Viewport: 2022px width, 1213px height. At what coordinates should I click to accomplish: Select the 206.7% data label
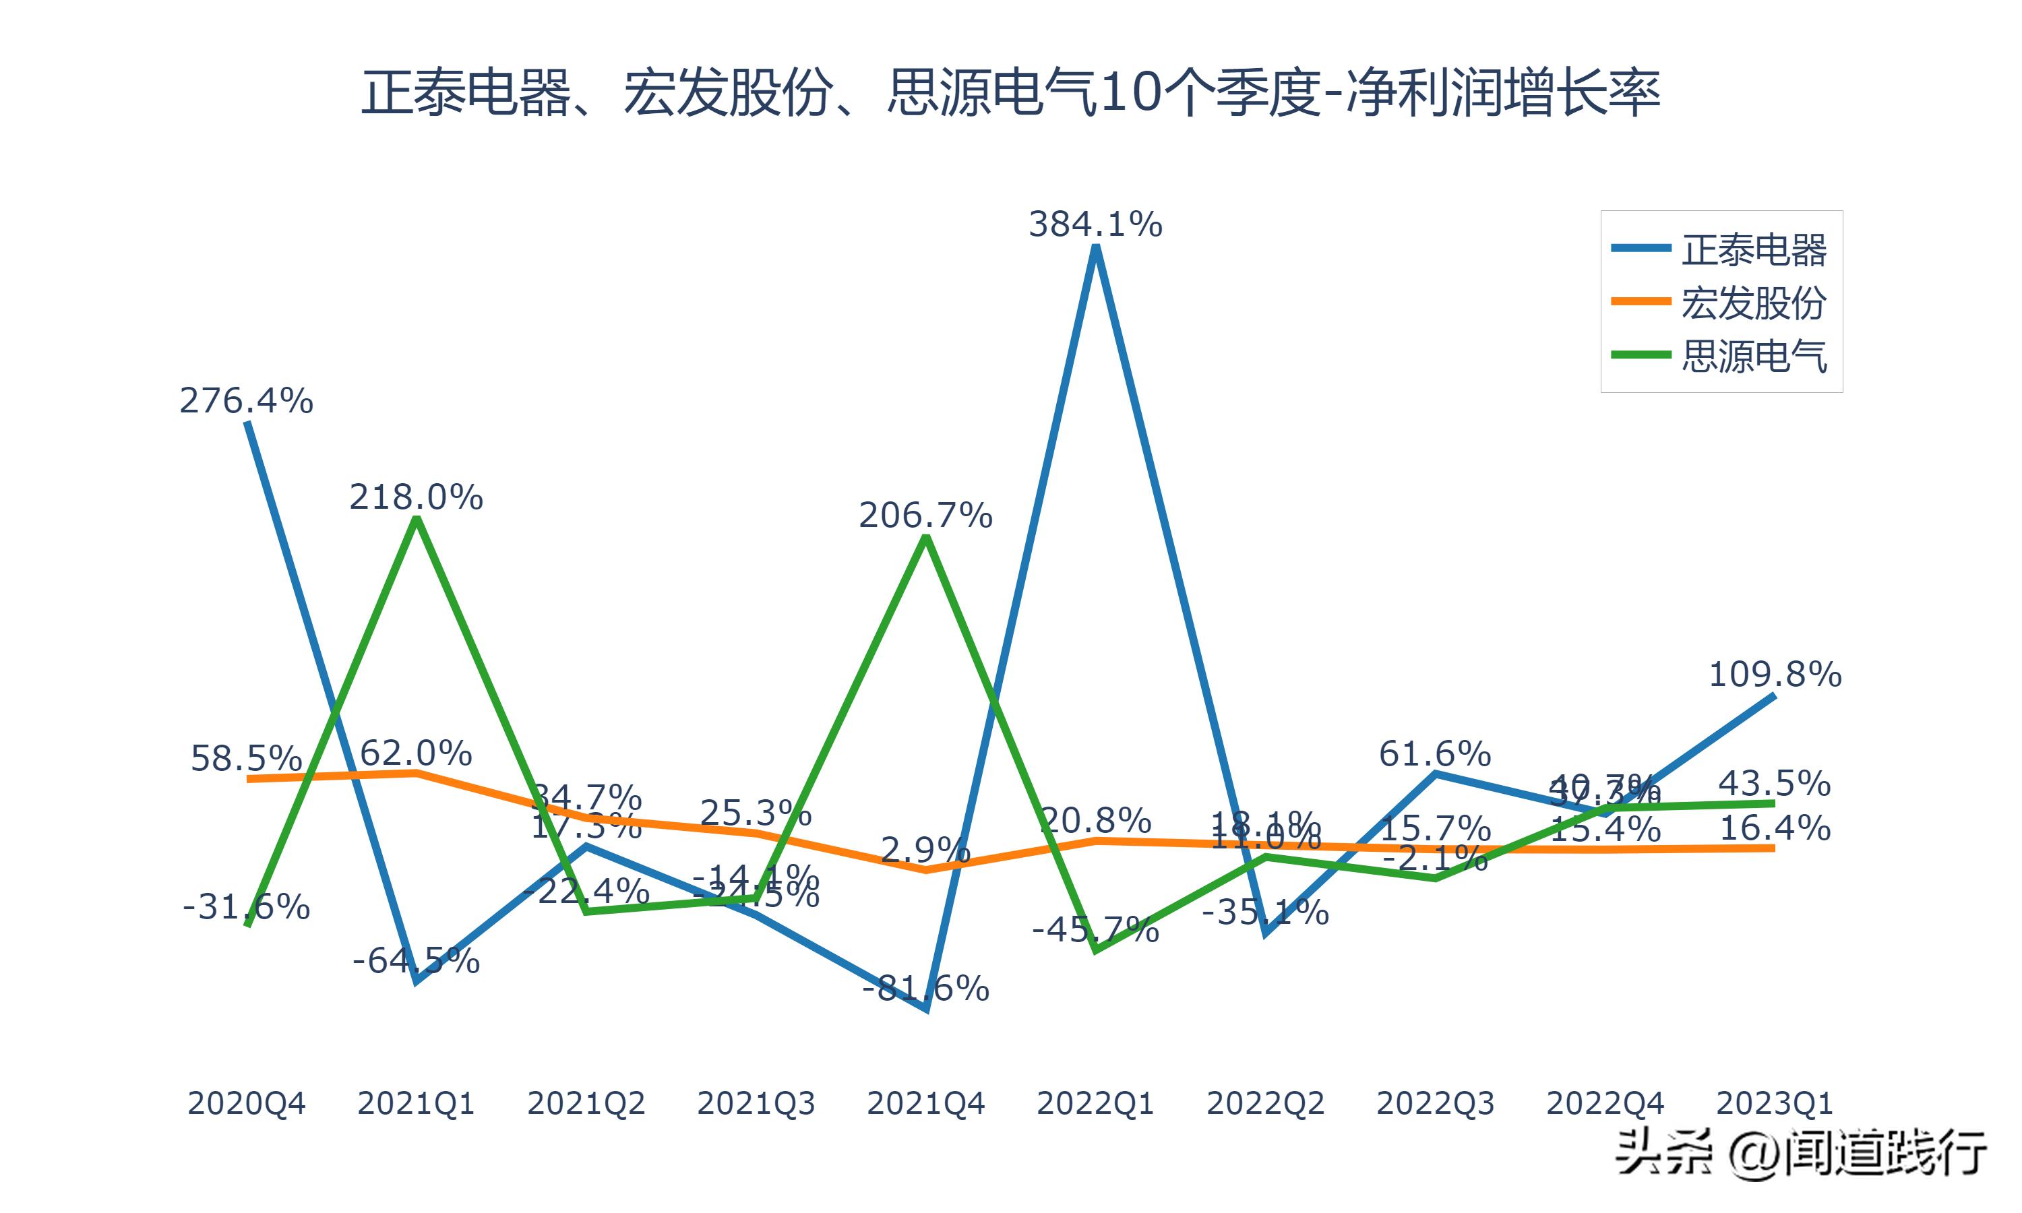tap(925, 516)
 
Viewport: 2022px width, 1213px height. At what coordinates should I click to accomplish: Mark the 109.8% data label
tap(1775, 675)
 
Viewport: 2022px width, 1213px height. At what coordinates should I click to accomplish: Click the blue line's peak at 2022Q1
tap(1095, 248)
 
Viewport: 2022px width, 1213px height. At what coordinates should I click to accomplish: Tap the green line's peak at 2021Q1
tap(417, 520)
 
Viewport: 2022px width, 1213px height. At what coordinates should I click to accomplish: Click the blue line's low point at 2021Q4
tap(926, 1009)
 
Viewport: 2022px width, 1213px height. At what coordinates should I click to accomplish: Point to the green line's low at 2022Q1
tap(1096, 950)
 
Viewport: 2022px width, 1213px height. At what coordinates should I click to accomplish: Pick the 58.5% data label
tap(246, 759)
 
